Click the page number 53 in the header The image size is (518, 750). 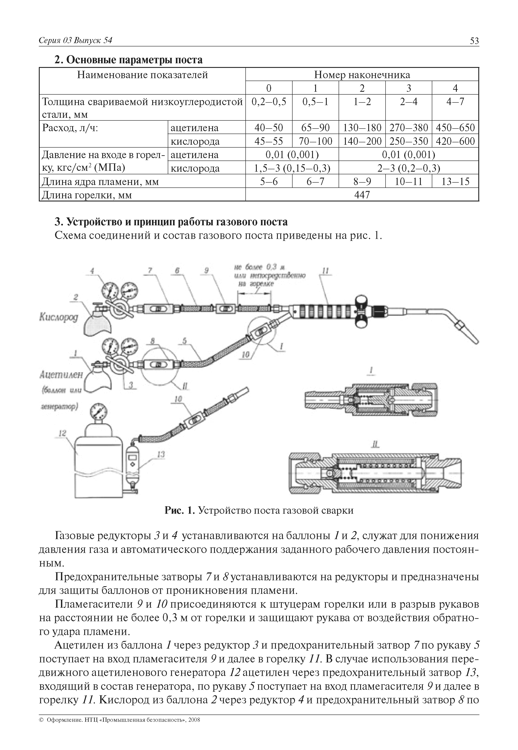(x=474, y=41)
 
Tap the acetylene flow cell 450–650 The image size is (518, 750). (x=455, y=127)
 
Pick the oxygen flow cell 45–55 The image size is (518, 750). (x=269, y=141)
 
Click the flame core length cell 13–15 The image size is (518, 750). (x=455, y=181)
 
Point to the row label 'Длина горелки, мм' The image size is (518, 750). (x=87, y=195)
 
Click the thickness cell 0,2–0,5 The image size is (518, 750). (x=269, y=102)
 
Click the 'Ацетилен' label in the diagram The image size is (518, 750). (x=61, y=375)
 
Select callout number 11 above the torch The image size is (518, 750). (x=325, y=271)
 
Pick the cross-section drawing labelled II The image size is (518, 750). (x=375, y=473)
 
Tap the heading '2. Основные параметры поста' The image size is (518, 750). (x=128, y=60)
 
